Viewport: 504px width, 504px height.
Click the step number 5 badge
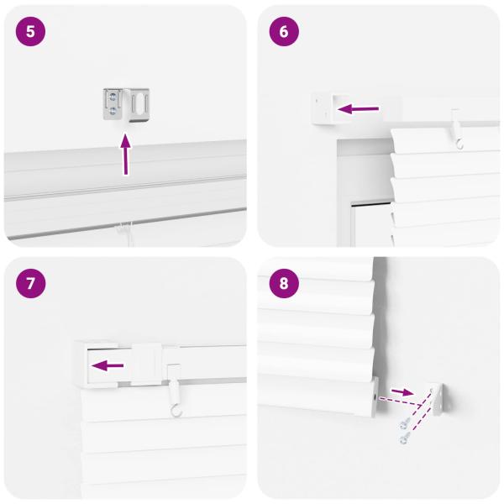31,31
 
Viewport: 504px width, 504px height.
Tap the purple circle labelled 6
283,31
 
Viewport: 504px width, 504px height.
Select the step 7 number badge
31,283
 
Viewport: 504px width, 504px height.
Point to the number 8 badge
283,283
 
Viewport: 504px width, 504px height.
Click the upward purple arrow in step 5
126,155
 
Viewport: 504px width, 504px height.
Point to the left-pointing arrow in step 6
359,108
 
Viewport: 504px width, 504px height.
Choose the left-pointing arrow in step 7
108,365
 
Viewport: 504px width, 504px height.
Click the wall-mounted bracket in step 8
439,398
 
